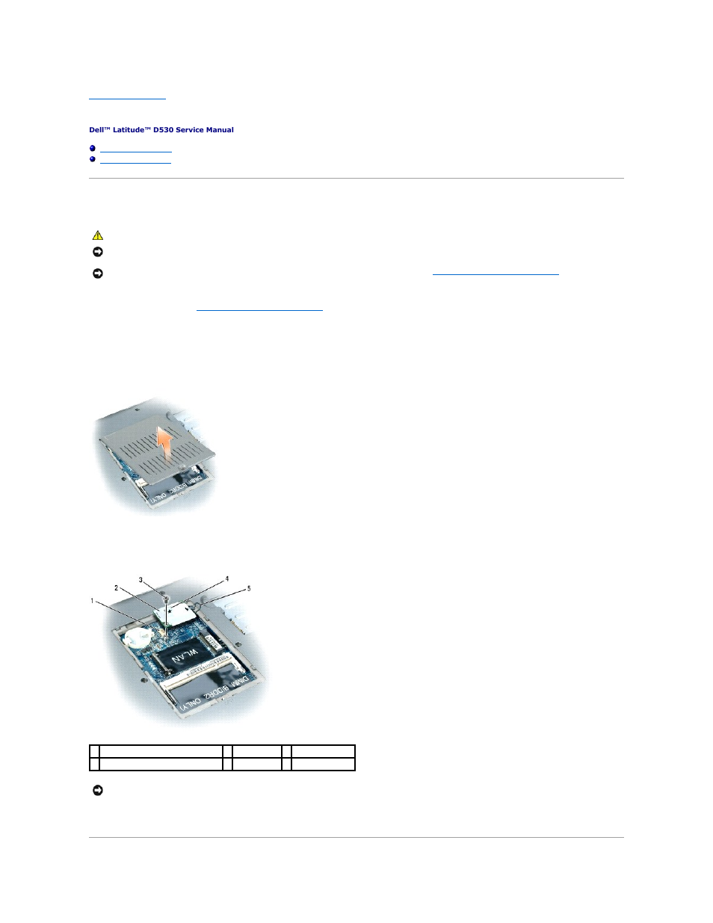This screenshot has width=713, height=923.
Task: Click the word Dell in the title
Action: pos(96,130)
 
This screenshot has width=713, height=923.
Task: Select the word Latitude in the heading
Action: pos(127,130)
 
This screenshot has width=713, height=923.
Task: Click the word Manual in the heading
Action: pos(220,130)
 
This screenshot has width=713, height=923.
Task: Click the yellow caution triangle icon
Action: pos(97,235)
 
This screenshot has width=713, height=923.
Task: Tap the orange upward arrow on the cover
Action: pos(165,441)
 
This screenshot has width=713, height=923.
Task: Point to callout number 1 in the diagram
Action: pos(93,601)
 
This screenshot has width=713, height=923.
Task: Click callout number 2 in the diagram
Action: pos(116,588)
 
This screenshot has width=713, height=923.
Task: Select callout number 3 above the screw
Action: pos(141,580)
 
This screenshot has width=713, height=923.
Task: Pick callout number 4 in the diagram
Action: pos(227,578)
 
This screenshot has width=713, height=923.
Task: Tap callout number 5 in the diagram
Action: pos(249,588)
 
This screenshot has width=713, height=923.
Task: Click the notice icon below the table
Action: pos(97,791)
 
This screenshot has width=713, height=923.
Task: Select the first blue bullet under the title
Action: pos(93,149)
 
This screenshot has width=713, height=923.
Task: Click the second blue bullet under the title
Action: pos(93,159)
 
